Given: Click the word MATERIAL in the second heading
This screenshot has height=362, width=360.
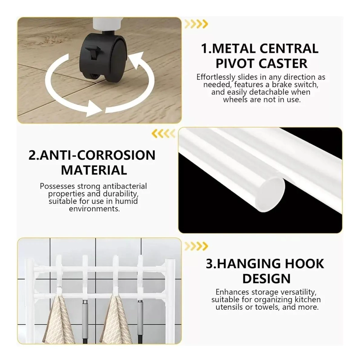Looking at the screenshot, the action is pos(94,170).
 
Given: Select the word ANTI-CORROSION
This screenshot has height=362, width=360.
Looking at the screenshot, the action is pos(98,155).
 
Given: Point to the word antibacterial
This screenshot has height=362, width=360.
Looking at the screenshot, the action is pos(125,186).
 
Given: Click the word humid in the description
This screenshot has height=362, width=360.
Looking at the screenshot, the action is pos(126,201).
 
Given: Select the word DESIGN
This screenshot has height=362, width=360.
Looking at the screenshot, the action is pos(266,278).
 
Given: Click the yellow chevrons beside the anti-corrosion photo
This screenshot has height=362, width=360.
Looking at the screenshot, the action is pos(163,134).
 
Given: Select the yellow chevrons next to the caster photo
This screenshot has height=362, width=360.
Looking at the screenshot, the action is pos(196,24).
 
